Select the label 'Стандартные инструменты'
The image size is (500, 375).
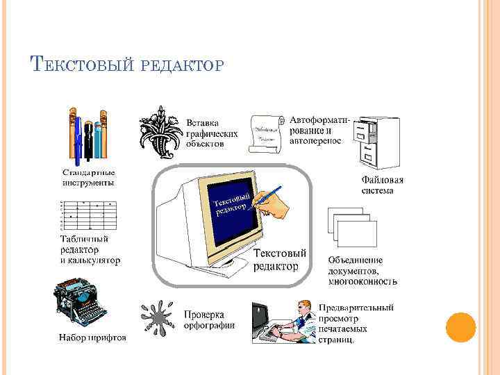(x=88, y=177)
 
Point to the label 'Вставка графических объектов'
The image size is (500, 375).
(x=212, y=133)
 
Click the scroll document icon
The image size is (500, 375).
(x=263, y=131)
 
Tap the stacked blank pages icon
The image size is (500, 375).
(x=352, y=230)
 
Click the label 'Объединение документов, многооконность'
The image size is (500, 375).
(x=362, y=271)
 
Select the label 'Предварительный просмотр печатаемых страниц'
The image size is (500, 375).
(x=356, y=324)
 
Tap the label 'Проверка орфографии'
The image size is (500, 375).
(x=208, y=319)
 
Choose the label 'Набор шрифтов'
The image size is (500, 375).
(x=92, y=338)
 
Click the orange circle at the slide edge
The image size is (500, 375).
(x=460, y=328)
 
